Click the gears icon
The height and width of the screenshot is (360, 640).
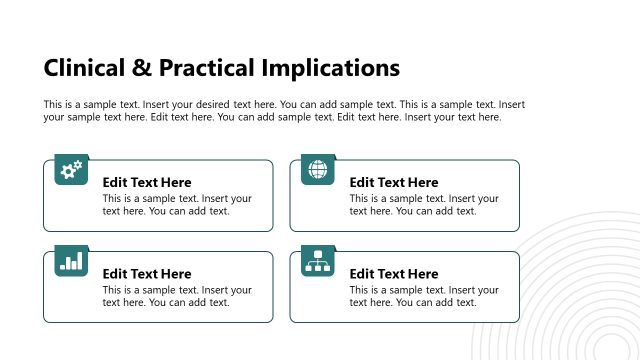(x=72, y=171)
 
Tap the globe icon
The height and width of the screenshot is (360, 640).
(x=318, y=171)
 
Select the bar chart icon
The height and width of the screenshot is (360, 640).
(x=72, y=262)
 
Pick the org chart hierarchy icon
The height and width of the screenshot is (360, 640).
(x=318, y=262)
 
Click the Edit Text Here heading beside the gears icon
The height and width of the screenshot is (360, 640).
(x=147, y=182)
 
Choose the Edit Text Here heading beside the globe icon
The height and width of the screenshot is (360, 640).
(x=394, y=182)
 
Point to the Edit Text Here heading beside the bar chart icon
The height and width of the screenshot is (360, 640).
(x=147, y=274)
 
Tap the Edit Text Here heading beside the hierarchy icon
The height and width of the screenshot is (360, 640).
(x=394, y=274)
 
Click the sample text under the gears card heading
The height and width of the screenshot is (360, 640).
(x=177, y=205)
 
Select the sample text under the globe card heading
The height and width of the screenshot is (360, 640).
(x=424, y=205)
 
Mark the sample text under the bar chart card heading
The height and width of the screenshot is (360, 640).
(x=177, y=296)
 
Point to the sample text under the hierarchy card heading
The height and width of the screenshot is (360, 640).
(x=424, y=296)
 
